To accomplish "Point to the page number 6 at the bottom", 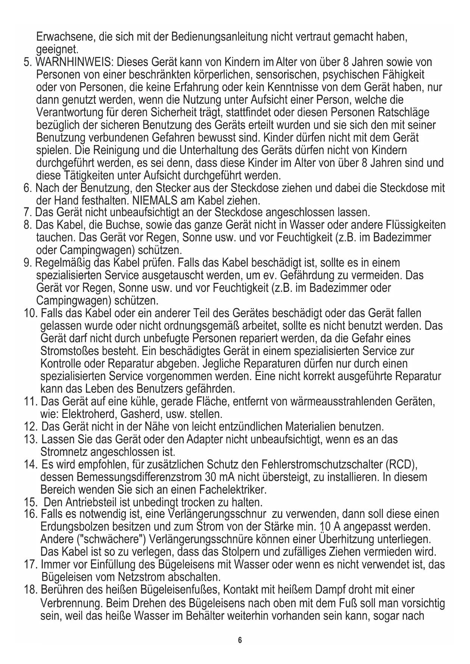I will (239, 640).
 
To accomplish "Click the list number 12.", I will (30, 427).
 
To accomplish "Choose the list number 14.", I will (30, 464).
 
